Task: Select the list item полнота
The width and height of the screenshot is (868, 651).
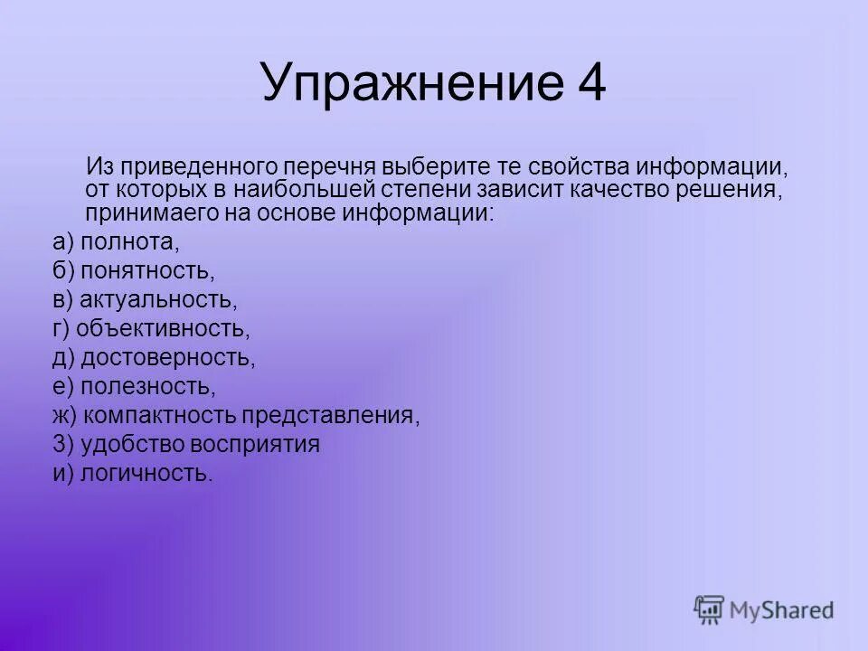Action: point(130,242)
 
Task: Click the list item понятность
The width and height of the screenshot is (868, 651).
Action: point(146,270)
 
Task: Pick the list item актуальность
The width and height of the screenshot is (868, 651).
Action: point(158,299)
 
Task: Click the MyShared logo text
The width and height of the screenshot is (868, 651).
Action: point(783,610)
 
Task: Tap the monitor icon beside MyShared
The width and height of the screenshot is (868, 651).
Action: point(710,610)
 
